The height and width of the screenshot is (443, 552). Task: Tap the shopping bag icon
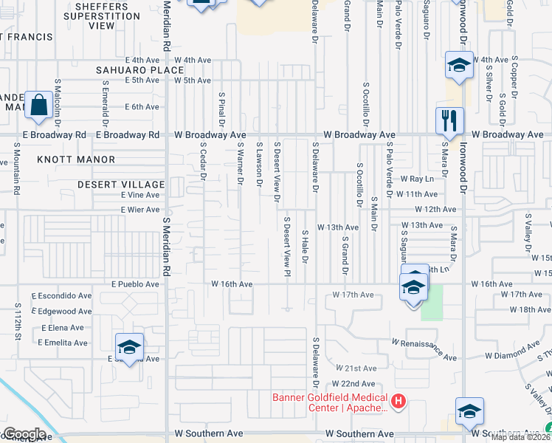[38, 105]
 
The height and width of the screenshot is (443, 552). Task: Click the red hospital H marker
[399, 402]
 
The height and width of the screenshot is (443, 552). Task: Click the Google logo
[24, 433]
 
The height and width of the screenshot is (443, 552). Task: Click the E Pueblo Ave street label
[135, 284]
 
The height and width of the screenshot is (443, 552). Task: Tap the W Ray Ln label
[415, 179]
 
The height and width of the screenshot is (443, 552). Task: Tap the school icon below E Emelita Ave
[129, 346]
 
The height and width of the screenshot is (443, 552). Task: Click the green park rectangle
[432, 302]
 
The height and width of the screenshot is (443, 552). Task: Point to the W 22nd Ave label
[353, 384]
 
